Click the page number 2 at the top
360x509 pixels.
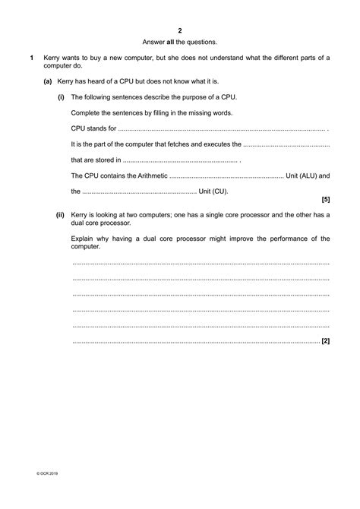(180, 30)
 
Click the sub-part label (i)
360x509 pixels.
(61, 96)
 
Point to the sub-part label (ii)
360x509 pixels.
(60, 215)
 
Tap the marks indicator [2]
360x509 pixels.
(325, 342)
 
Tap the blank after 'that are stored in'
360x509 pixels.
(180, 160)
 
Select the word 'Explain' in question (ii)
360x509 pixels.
(84, 239)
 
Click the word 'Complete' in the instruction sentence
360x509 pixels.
(87, 112)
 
